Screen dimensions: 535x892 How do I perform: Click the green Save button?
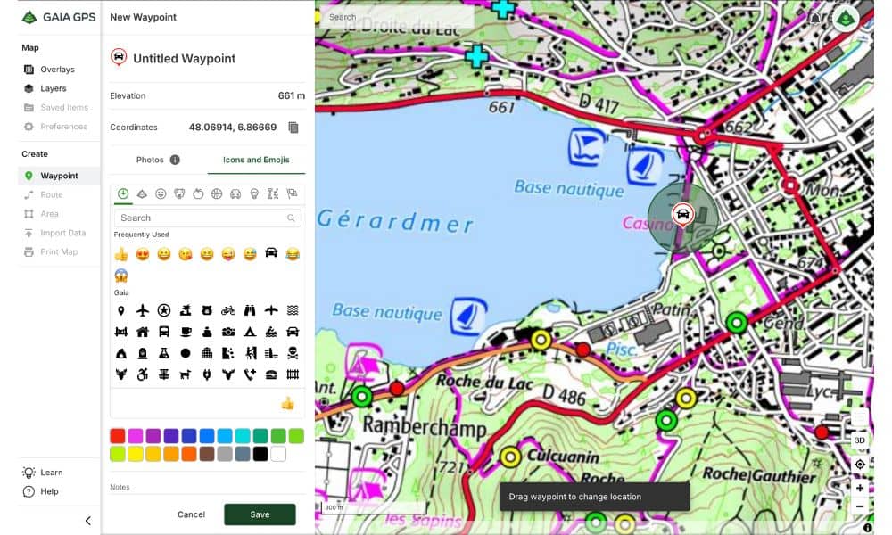coord(260,514)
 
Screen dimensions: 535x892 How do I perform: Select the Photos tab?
coord(157,160)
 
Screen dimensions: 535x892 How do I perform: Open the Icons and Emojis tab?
coord(256,160)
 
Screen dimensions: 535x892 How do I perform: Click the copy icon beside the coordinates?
coord(293,128)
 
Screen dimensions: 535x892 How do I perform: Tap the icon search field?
coord(205,218)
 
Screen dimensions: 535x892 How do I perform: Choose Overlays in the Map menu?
coord(57,70)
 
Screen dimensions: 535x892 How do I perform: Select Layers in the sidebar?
coord(54,88)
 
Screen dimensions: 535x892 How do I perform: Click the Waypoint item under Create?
coord(59,176)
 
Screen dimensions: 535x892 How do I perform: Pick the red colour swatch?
coord(117,436)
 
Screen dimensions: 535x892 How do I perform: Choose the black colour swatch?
coord(260,454)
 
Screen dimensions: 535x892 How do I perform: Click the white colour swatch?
coord(278,454)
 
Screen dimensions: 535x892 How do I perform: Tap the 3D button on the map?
coord(860,440)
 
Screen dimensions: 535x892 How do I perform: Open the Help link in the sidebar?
coord(49,491)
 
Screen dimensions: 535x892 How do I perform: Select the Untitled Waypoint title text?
coord(184,59)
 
